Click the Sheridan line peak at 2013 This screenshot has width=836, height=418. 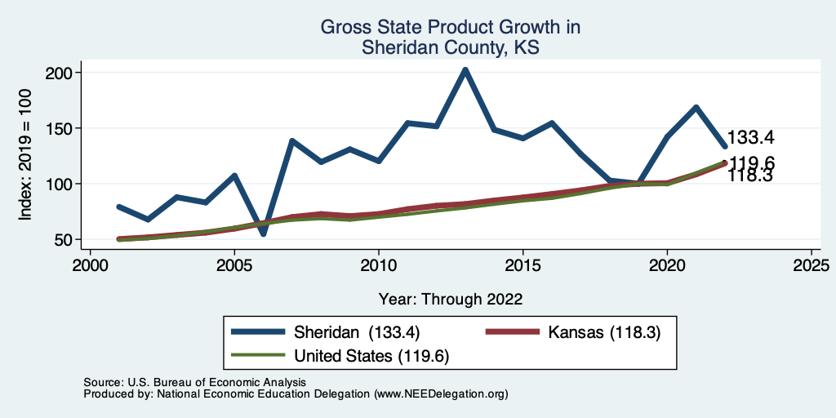(x=465, y=70)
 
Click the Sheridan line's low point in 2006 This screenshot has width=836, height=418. (x=263, y=234)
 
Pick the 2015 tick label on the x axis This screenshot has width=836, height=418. (x=522, y=265)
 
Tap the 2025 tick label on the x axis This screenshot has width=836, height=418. (x=811, y=265)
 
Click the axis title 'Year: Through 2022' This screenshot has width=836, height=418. (x=451, y=298)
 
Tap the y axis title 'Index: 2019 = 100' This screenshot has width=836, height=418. (x=26, y=157)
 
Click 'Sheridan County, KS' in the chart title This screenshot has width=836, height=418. (x=451, y=49)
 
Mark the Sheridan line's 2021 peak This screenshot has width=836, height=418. (x=696, y=107)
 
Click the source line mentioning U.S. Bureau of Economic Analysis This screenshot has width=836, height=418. (x=194, y=382)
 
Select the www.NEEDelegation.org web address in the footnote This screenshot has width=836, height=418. (x=441, y=394)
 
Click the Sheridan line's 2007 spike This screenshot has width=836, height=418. (x=291, y=140)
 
